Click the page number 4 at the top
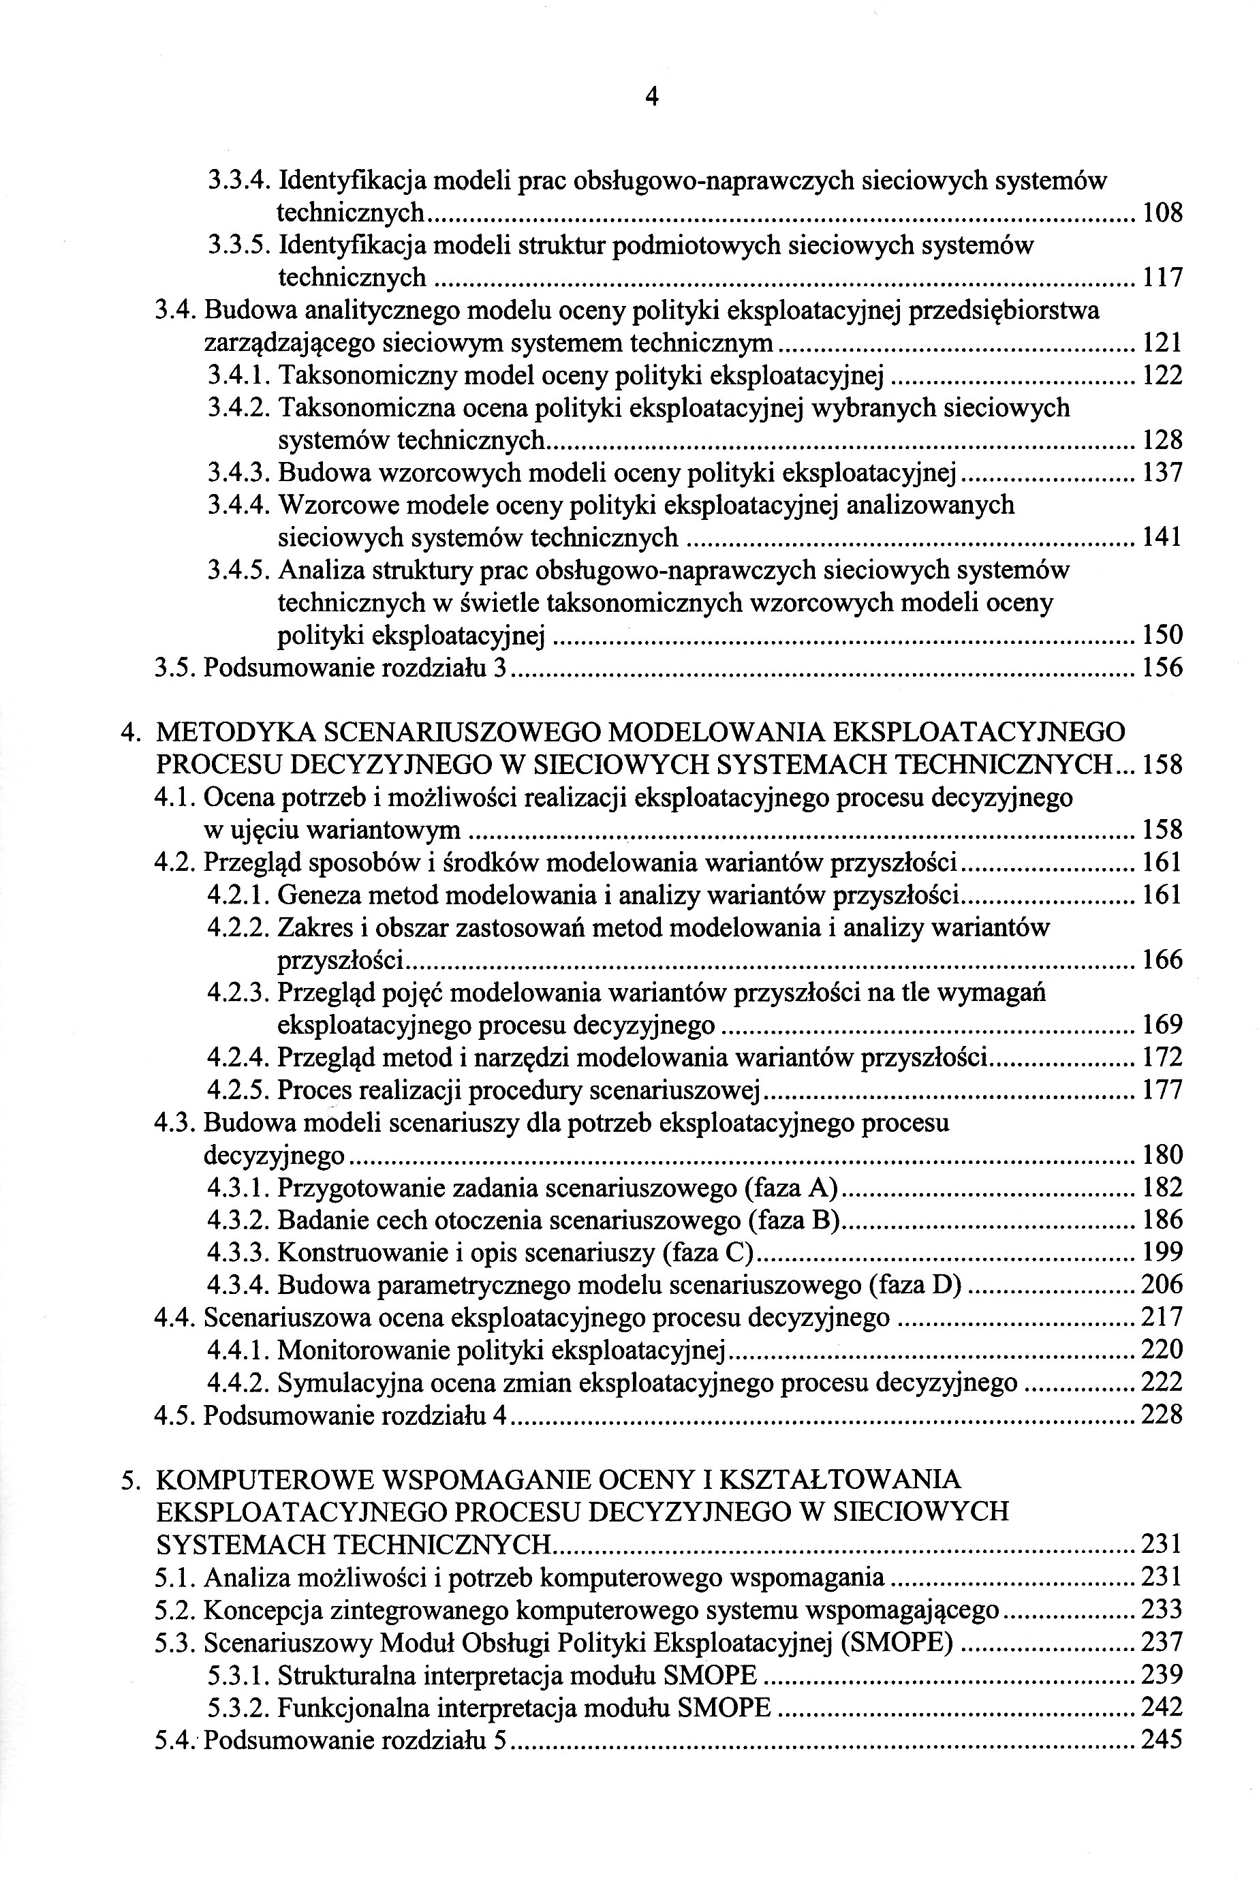coord(651,97)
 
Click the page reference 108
coord(1162,213)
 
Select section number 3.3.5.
coord(238,246)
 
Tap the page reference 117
coord(1162,279)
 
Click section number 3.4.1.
coord(238,375)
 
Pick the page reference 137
coord(1162,473)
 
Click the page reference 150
coord(1162,635)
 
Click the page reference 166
coord(1162,959)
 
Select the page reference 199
coord(1162,1252)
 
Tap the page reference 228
coord(1162,1415)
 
